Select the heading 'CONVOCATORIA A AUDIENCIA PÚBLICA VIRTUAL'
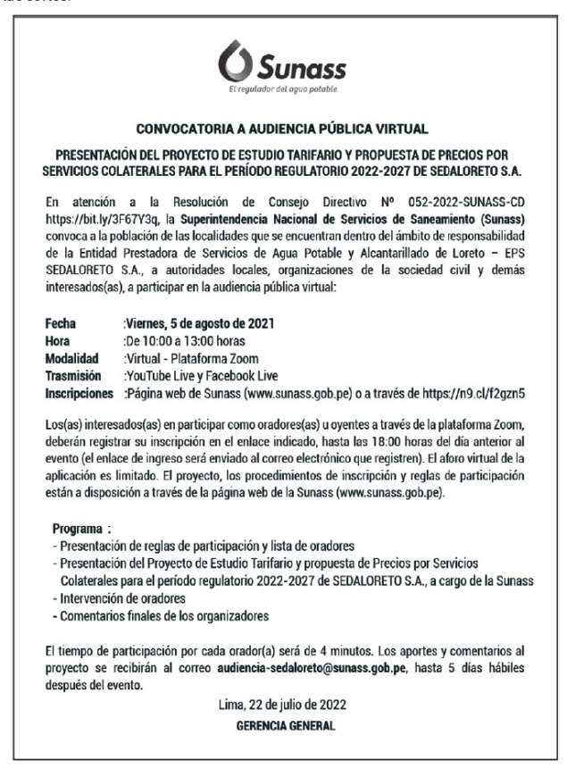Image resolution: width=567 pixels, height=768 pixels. (283, 129)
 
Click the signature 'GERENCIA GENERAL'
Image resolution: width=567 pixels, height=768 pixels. (285, 726)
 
